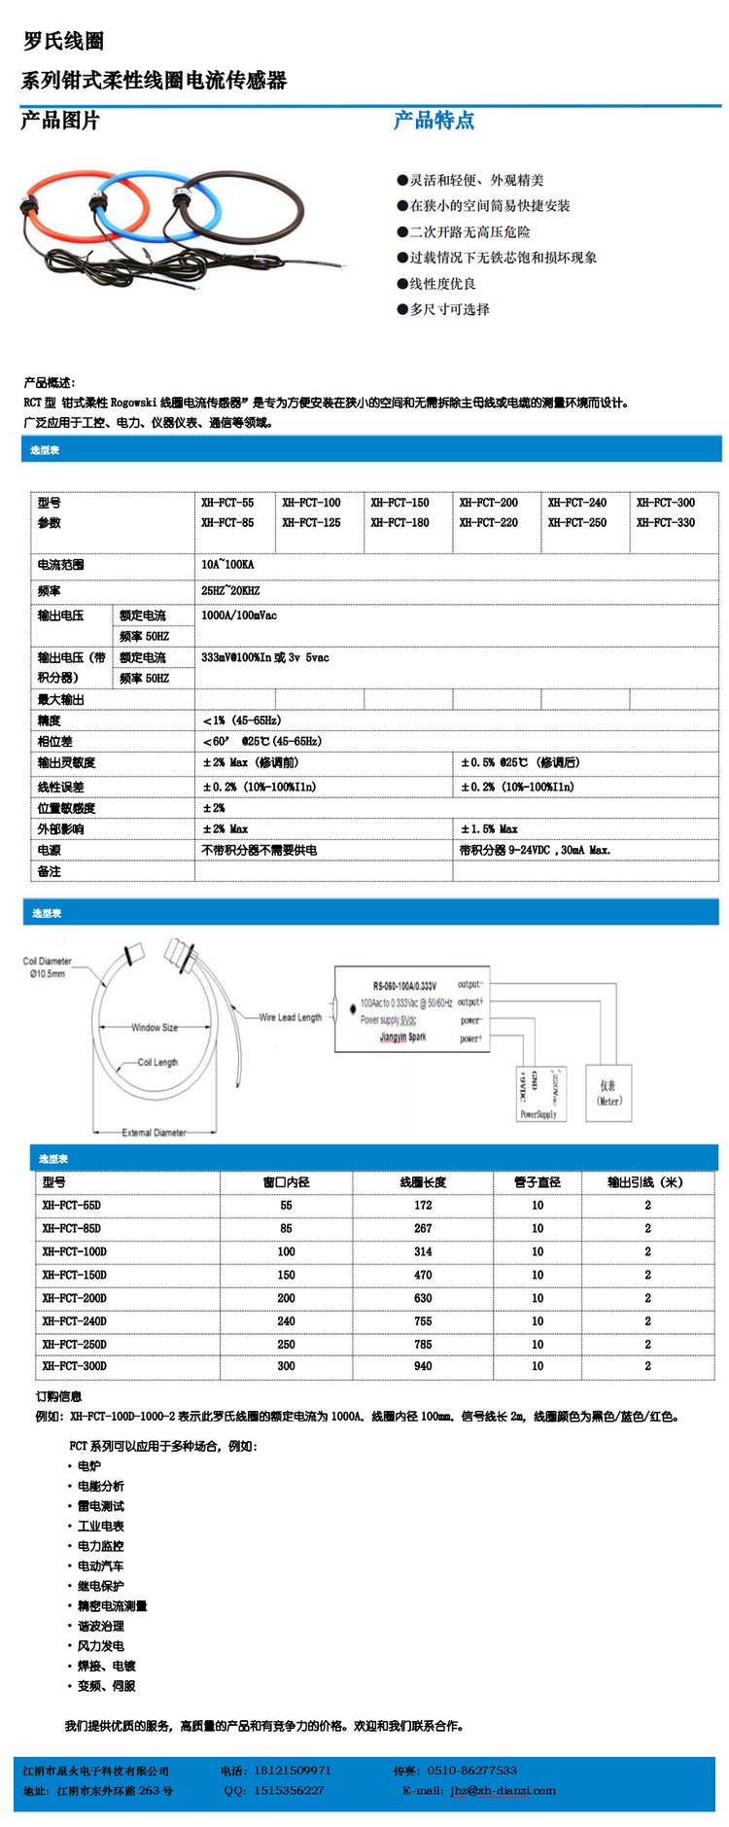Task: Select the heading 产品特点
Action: (x=434, y=121)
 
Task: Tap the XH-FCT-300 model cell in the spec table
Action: (x=666, y=503)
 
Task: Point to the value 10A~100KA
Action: (x=227, y=564)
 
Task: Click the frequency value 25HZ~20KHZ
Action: (x=230, y=590)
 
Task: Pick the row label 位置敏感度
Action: (x=66, y=808)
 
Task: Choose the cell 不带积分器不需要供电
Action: (x=259, y=850)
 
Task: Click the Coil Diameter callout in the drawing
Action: (x=47, y=966)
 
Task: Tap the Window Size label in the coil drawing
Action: (x=155, y=1027)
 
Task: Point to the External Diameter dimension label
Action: (x=154, y=1132)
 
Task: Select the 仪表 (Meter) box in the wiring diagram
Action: (x=608, y=1092)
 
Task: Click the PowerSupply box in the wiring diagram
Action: (x=538, y=1092)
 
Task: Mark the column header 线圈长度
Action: (x=423, y=1182)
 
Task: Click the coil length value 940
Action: (x=423, y=1366)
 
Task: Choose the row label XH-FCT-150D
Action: (x=74, y=1275)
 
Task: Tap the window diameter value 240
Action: (x=286, y=1321)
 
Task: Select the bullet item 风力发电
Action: (x=100, y=1646)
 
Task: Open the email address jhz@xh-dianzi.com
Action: (x=503, y=1790)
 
